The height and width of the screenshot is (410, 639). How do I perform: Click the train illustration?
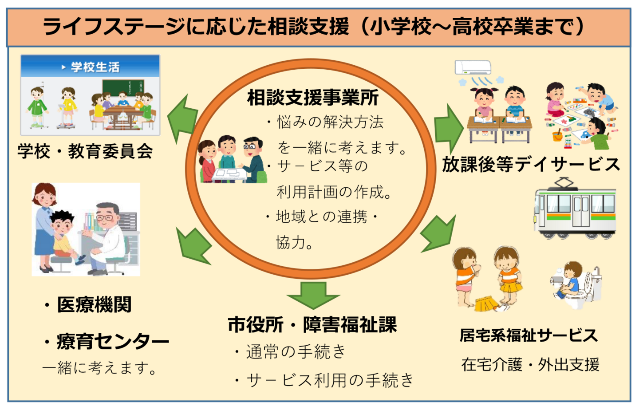pos(575,209)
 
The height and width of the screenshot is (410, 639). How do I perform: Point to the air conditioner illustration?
pos(473,67)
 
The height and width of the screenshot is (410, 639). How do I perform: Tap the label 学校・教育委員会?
pos(85,151)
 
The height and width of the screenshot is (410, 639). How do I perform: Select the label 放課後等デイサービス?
pos(531,164)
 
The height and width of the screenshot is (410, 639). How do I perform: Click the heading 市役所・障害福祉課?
pos(312,325)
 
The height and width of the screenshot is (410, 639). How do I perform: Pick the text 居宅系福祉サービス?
pos(529,335)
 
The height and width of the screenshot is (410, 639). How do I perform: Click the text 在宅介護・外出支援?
pos(530,364)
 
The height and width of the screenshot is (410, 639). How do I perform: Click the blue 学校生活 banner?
pos(90,67)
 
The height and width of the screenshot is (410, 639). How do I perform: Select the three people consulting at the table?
pos(231,160)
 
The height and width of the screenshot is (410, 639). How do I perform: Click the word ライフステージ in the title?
pos(114,27)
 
